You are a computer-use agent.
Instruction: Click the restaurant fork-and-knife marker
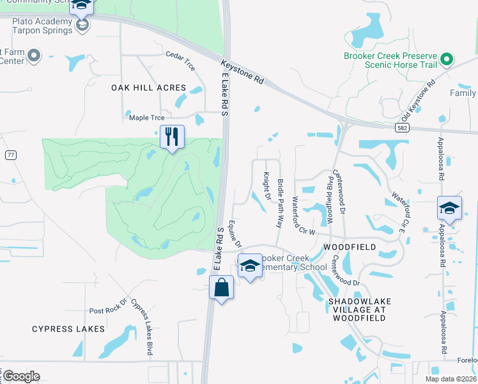[x=172, y=136]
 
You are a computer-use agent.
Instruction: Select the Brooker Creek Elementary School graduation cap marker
[x=249, y=266]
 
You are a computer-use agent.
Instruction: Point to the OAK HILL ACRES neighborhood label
[x=148, y=88]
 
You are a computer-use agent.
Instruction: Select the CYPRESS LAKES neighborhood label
[x=68, y=329]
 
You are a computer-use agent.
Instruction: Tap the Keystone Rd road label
[x=243, y=72]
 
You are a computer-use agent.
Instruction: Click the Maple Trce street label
[x=147, y=118]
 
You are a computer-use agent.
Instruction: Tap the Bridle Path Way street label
[x=280, y=203]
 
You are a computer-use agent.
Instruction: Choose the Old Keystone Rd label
[x=419, y=100]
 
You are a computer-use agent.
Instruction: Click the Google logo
[x=22, y=376]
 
